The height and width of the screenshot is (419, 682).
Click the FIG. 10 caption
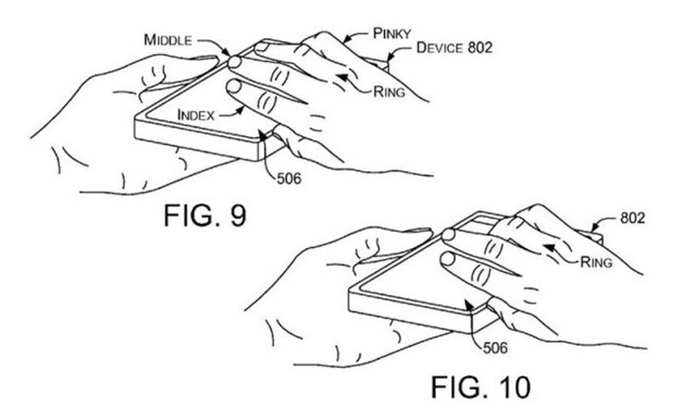pos(481,386)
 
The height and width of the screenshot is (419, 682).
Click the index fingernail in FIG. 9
pos(234,87)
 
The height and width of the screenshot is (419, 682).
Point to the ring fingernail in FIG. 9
pos(261,47)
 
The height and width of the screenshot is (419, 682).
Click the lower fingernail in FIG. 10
pos(448,258)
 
